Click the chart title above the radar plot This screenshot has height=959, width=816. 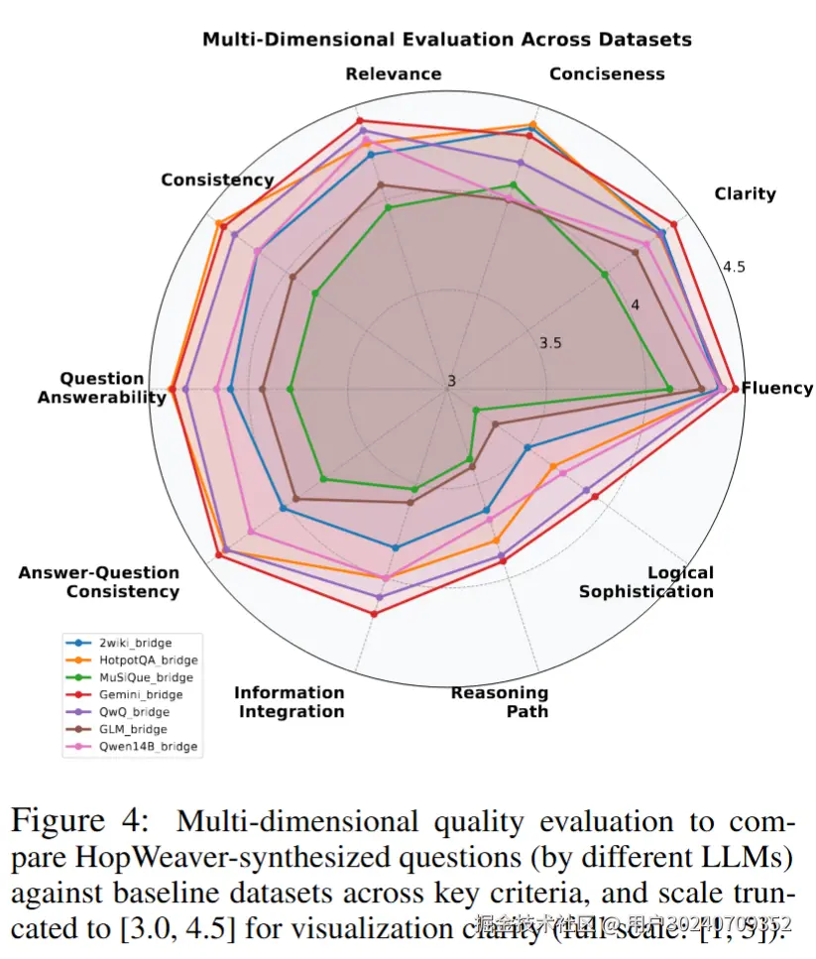click(446, 40)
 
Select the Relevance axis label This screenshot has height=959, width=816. click(394, 74)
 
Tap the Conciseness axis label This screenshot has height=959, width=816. click(607, 74)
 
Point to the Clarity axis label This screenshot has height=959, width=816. click(745, 193)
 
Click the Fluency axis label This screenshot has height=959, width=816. click(777, 388)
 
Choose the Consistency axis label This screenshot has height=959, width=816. click(217, 180)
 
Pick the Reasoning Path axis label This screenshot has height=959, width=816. click(500, 701)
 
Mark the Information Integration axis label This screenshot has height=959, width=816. click(290, 701)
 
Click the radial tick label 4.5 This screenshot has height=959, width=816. click(734, 268)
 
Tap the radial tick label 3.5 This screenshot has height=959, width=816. click(550, 343)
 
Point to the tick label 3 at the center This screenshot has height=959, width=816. click(451, 381)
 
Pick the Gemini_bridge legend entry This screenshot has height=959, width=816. click(140, 694)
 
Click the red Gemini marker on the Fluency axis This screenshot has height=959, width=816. click(735, 389)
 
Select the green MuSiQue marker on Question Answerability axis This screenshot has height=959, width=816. click(290, 390)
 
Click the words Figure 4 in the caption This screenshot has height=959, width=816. click(71, 822)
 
